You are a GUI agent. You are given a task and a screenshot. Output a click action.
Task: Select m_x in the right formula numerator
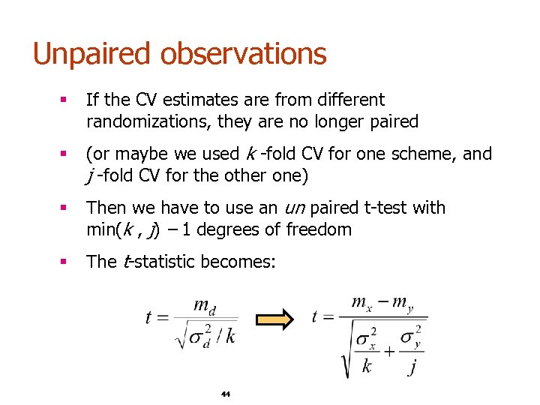coord(362,303)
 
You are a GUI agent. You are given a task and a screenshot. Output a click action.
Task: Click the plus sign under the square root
coord(389,349)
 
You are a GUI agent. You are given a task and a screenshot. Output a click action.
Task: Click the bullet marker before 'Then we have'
coord(67,208)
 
